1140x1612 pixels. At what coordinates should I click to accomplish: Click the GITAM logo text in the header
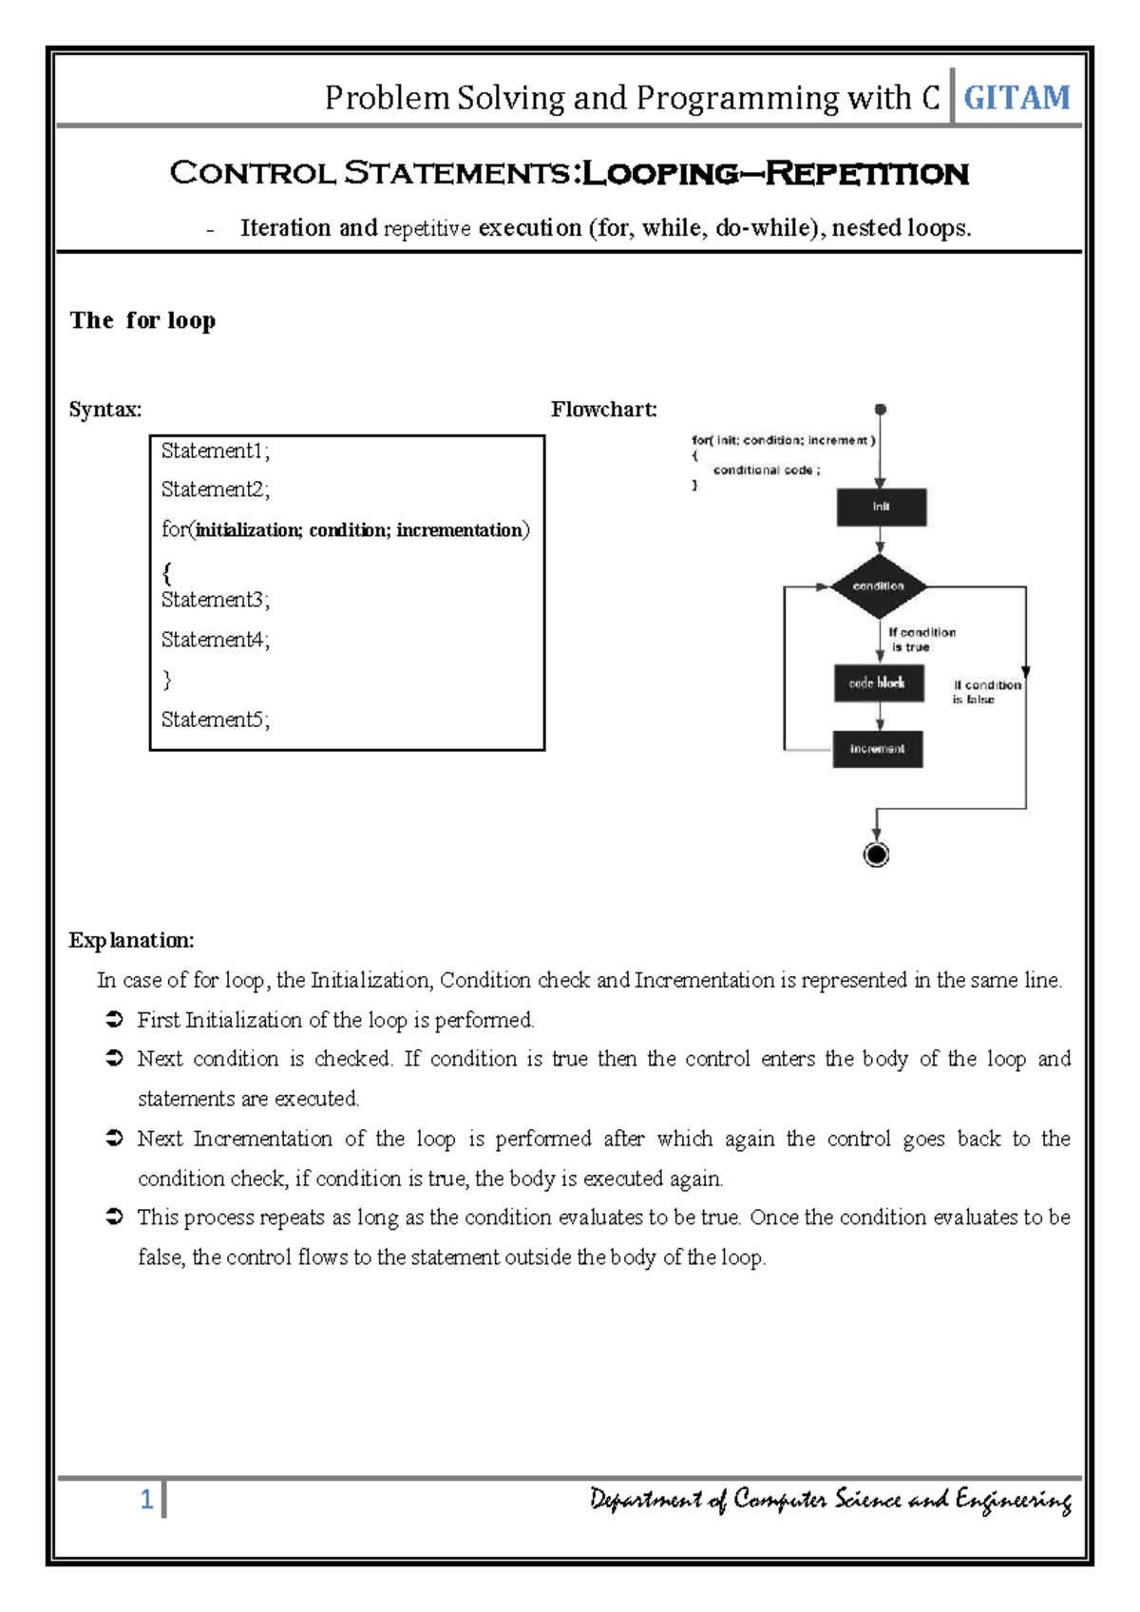[x=1016, y=98]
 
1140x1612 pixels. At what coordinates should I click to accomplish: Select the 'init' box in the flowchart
[x=881, y=507]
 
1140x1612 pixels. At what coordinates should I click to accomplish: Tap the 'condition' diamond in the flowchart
[x=879, y=586]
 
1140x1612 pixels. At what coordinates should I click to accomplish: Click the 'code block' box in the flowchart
[x=878, y=682]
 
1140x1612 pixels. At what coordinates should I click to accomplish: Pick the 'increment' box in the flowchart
[x=877, y=749]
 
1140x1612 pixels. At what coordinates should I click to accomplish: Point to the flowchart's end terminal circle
[x=876, y=854]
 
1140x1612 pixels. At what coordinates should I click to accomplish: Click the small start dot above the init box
[x=881, y=410]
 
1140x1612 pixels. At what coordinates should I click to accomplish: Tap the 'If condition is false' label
[x=985, y=692]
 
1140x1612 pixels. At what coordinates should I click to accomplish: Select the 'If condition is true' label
[x=920, y=640]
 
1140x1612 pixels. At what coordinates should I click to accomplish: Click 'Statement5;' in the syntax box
[x=216, y=720]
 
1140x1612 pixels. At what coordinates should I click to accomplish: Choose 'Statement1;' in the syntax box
[x=216, y=451]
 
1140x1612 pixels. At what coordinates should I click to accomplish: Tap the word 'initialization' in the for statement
[x=248, y=530]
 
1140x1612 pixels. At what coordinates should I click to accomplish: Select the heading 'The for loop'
[x=142, y=320]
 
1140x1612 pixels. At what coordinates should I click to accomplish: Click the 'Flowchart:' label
[x=603, y=410]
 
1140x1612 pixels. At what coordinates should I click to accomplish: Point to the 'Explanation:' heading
[x=131, y=940]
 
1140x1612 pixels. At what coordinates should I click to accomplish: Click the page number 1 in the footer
[x=146, y=1500]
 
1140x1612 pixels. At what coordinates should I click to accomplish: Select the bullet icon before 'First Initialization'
[x=114, y=1020]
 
